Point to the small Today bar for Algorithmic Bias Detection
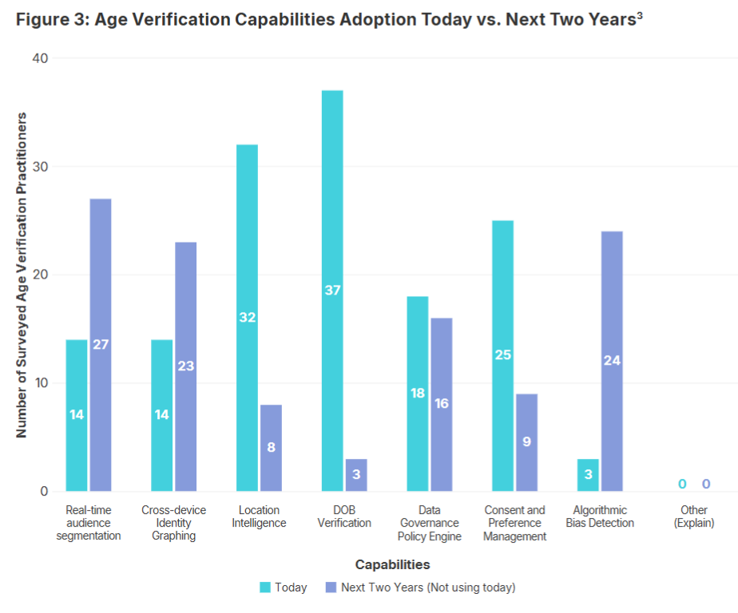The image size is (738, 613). click(588, 475)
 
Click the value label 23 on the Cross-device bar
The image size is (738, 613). click(185, 366)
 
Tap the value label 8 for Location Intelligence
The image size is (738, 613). click(271, 447)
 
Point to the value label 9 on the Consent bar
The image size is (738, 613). click(526, 441)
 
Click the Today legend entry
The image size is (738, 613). click(284, 587)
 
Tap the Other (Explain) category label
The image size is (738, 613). click(693, 516)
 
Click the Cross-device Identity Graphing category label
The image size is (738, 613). click(173, 523)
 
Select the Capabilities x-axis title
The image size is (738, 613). click(392, 564)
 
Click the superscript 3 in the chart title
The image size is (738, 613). click(639, 16)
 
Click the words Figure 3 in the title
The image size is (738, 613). click(50, 20)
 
